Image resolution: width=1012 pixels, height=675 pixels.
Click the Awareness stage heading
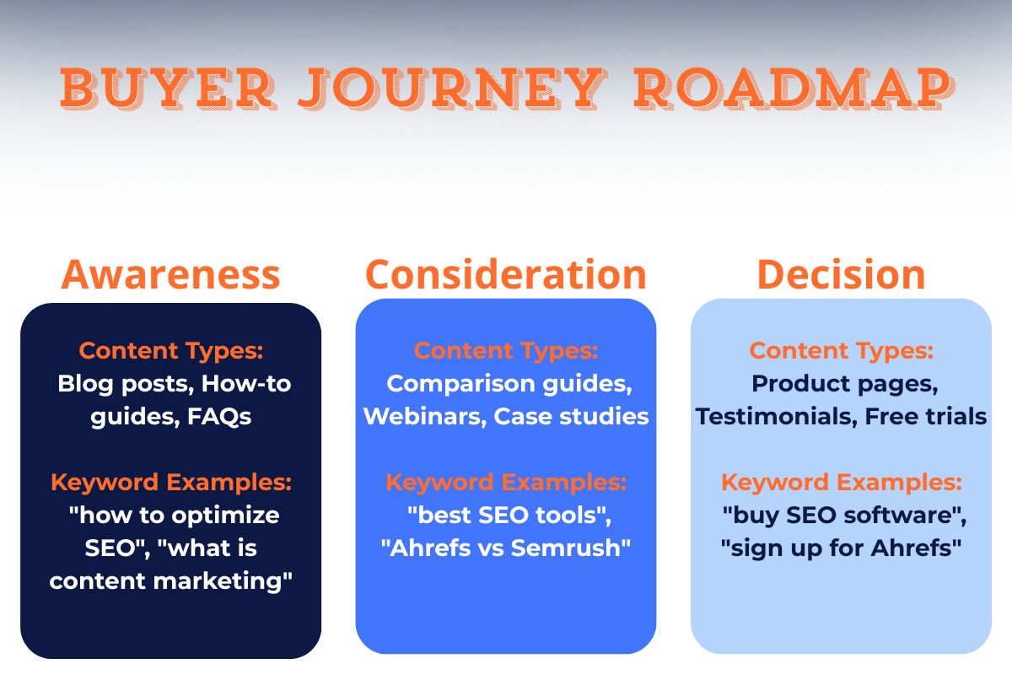pos(170,274)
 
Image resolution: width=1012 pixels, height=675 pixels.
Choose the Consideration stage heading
pos(506,274)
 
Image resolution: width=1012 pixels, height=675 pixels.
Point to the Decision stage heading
pos(841,274)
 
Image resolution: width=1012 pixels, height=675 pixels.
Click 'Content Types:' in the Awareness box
pos(170,351)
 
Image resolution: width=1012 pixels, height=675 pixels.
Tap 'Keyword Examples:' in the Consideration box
pos(506,483)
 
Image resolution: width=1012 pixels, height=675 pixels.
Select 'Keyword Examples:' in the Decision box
pos(841,483)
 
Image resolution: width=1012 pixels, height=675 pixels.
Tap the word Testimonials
pos(776,417)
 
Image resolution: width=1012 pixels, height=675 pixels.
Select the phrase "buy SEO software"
pos(844,515)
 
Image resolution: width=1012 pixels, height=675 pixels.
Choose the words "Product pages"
pos(844,384)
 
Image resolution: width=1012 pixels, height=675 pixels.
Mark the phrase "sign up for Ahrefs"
pos(841,548)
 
